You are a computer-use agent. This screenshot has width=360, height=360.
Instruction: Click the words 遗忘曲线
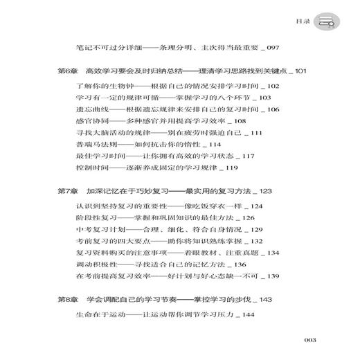89,110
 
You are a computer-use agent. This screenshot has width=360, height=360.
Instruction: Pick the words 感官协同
89,122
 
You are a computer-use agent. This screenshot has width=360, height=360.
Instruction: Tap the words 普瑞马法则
92,146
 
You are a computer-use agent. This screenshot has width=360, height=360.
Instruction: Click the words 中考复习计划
96,230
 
